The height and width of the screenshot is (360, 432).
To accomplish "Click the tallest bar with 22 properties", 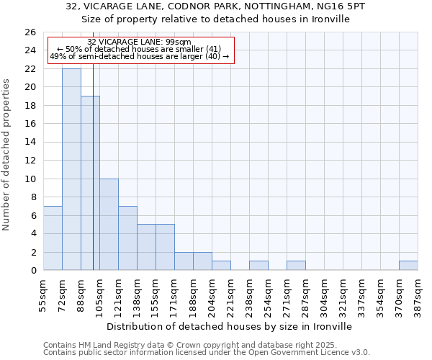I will click(71, 169).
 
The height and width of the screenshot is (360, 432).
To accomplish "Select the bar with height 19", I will click(90, 183).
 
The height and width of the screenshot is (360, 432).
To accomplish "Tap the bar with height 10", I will click(109, 224).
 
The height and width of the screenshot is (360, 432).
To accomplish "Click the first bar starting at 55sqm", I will click(53, 238).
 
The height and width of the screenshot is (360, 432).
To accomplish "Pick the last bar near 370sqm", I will click(408, 266).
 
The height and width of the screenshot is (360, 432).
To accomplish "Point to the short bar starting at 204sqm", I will click(221, 266).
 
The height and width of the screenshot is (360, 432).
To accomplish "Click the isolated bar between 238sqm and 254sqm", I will click(258, 266).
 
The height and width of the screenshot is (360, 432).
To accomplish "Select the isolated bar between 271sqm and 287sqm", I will click(296, 266).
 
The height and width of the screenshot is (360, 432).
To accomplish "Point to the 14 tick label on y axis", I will click(30, 142).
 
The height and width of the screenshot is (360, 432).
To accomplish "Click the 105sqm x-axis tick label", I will click(100, 294).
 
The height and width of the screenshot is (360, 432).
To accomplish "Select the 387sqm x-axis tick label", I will click(418, 294).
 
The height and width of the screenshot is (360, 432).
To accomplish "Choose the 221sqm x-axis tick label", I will click(231, 294).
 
